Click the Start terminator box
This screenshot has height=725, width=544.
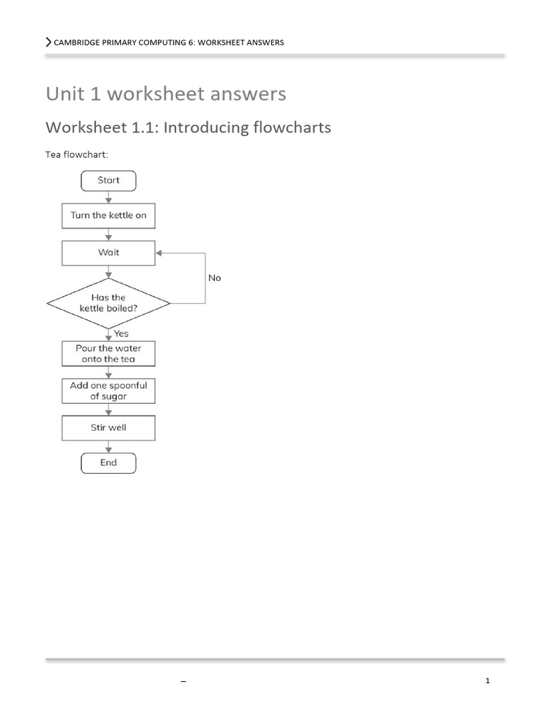[x=108, y=181]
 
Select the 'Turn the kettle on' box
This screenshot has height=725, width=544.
[x=108, y=216]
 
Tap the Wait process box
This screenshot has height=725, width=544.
[x=108, y=253]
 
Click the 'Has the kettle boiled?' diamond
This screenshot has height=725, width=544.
[x=108, y=303]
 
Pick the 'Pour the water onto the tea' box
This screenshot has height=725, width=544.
[x=108, y=354]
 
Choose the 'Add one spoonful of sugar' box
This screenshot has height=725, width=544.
[x=108, y=391]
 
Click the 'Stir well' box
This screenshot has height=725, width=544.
[x=108, y=428]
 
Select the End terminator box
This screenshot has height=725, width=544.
[x=108, y=463]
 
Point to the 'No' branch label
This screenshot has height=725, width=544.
[x=215, y=278]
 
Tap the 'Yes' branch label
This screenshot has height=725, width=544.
[x=121, y=333]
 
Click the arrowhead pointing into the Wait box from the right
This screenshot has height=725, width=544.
[x=159, y=253]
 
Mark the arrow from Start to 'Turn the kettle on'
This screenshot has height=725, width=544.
[x=108, y=198]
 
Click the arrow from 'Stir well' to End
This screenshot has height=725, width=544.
[x=108, y=446]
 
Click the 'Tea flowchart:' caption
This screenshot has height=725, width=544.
[x=76, y=154]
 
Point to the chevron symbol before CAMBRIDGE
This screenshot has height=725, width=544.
[x=48, y=42]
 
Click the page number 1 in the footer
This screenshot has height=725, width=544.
[x=488, y=681]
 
